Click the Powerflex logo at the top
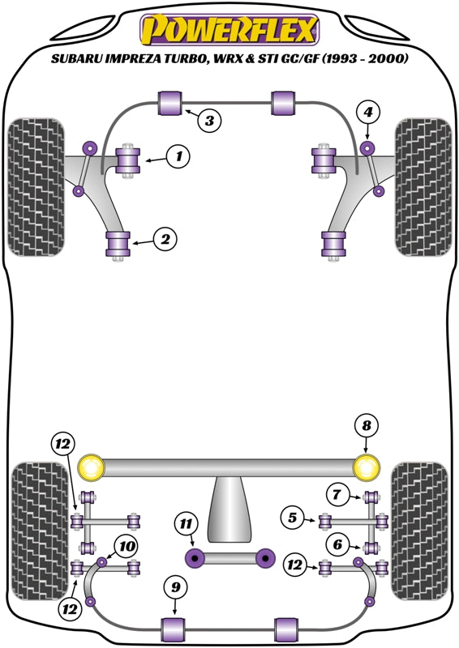[x=229, y=30]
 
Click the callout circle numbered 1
[x=179, y=156]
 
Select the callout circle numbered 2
[x=166, y=239]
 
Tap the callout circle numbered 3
[x=210, y=122]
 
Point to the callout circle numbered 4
[x=369, y=112]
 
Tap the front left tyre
[x=37, y=188]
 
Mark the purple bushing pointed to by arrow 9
[x=175, y=628]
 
